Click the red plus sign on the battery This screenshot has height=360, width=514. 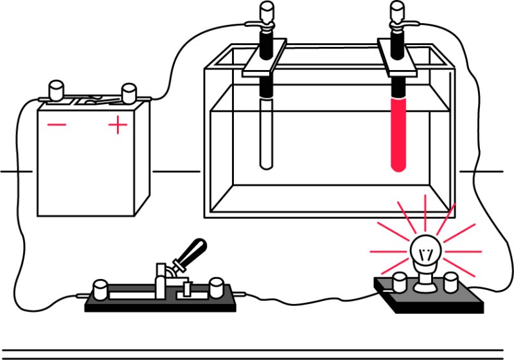coord(118,125)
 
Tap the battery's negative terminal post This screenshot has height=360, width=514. coord(55,90)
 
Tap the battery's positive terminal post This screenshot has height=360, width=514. coord(128,92)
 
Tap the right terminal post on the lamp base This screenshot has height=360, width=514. coord(452,280)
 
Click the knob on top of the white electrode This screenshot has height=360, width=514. coord(266,12)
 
